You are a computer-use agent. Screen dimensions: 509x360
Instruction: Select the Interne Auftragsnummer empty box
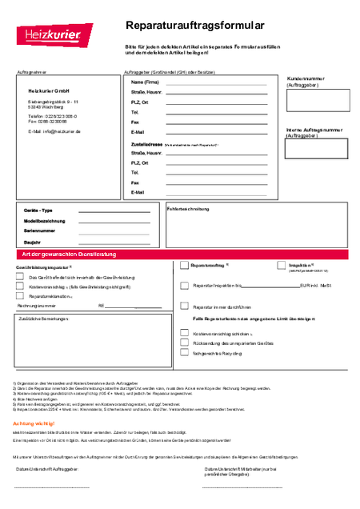[x=318, y=148]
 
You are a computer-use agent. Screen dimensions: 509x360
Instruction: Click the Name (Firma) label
[x=146, y=82]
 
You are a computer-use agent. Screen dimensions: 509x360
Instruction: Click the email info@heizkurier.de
[x=54, y=130]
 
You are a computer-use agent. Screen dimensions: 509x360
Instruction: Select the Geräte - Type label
[x=38, y=210]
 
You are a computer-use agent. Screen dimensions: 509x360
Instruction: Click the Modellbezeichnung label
[x=45, y=220]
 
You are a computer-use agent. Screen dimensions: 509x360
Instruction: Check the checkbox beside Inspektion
[x=282, y=265]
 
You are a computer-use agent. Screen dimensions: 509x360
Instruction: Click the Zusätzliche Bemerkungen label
[x=45, y=319]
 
